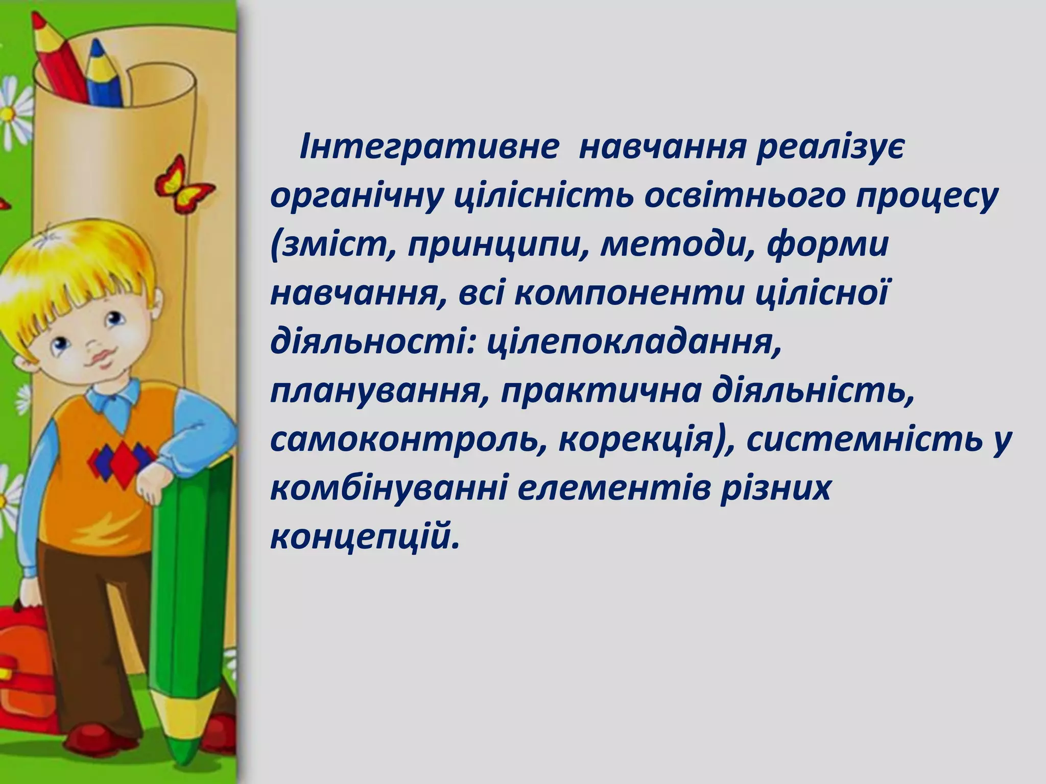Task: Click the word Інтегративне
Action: click(x=428, y=149)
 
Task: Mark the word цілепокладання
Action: click(x=634, y=344)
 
